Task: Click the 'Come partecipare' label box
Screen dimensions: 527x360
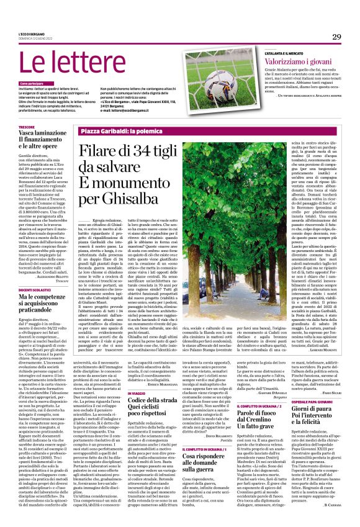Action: [x=32, y=83]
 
